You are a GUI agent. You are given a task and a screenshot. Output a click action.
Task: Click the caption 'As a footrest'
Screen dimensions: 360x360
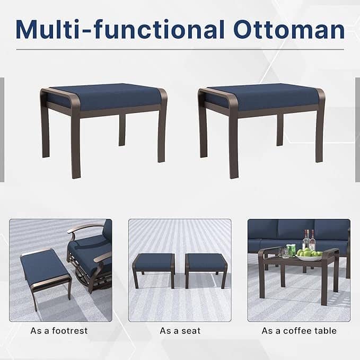coord(59,331)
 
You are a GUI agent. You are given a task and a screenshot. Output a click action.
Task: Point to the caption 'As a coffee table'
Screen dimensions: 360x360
coord(299,331)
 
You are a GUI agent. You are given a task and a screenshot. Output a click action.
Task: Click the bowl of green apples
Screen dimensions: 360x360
coord(309,255)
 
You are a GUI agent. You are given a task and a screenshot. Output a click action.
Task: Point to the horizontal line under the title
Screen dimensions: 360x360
coord(180,50)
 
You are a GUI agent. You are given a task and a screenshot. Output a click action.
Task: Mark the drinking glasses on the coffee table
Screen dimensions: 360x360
coord(291,250)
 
